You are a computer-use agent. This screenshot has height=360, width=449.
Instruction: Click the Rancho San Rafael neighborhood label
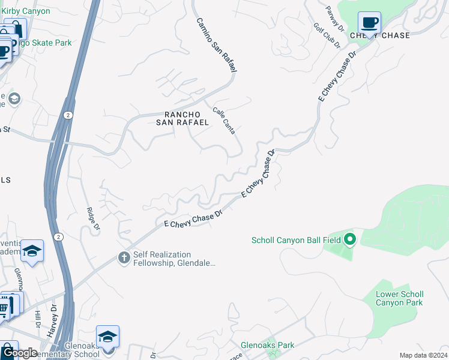tap(182, 118)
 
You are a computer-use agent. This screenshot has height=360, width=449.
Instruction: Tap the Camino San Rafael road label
tap(215, 46)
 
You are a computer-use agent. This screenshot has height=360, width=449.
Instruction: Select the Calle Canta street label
tap(224, 120)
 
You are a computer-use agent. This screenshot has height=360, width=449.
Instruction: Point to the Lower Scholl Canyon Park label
tap(399, 298)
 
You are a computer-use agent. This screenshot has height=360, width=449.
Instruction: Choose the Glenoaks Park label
tap(267, 345)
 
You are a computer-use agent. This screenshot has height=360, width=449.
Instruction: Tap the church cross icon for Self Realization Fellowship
tap(124, 258)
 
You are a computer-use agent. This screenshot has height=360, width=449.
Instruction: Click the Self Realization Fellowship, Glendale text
tap(166, 259)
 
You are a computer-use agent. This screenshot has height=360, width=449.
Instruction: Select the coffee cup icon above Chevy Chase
tap(369, 23)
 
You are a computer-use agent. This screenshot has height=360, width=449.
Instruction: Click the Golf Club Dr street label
tap(327, 36)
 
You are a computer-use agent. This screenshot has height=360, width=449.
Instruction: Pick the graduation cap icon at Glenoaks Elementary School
tap(107, 336)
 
